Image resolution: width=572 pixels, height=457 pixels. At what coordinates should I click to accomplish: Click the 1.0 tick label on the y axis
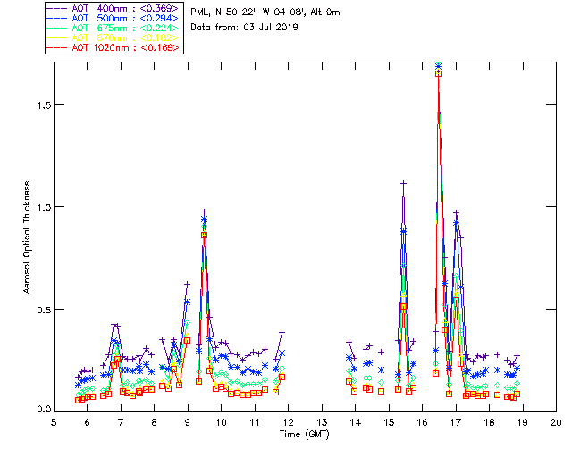pos(42,207)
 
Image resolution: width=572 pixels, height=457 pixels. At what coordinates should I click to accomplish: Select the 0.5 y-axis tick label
pos(42,309)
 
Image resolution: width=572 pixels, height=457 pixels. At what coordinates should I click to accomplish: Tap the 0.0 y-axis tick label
pos(42,411)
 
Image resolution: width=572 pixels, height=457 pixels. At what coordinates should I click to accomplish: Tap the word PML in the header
pos(199,12)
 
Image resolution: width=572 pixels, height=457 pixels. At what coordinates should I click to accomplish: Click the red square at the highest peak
pos(438,73)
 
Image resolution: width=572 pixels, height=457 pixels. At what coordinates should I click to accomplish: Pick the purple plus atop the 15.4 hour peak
pos(403,184)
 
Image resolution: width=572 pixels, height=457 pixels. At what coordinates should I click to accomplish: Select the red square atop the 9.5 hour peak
pos(205,235)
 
